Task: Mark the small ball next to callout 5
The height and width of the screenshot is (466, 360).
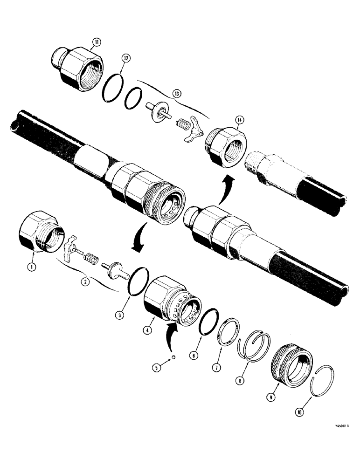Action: click(x=173, y=357)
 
